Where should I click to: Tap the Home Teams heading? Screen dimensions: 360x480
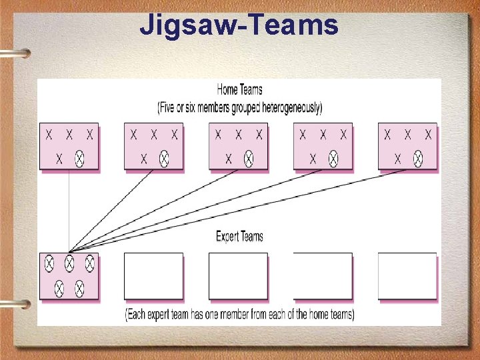tap(239, 89)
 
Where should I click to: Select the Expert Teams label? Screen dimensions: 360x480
tap(239, 236)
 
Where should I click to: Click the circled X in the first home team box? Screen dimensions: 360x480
tap(79, 159)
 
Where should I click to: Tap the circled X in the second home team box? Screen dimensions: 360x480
tap(164, 159)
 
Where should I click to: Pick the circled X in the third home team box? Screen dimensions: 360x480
tap(249, 159)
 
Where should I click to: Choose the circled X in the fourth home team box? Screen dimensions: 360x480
tap(333, 159)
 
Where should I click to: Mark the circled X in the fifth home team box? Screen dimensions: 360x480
tap(418, 159)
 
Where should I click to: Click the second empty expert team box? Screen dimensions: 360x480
tap(153, 275)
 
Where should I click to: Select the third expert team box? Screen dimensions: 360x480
tap(238, 275)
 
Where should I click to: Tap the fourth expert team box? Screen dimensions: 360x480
tap(323, 275)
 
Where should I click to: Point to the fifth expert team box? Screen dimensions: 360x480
tap(407, 275)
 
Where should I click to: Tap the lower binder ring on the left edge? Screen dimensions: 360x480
tap(15, 303)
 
